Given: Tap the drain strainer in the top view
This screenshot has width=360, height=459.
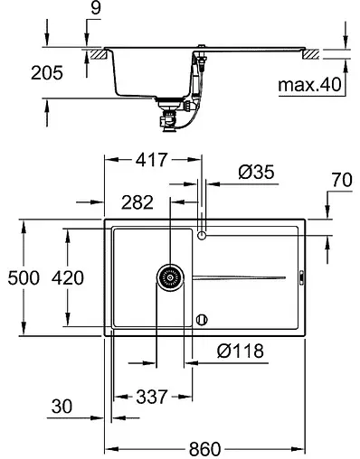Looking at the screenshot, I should tap(168, 277).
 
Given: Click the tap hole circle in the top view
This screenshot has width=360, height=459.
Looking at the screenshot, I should tap(203, 236).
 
